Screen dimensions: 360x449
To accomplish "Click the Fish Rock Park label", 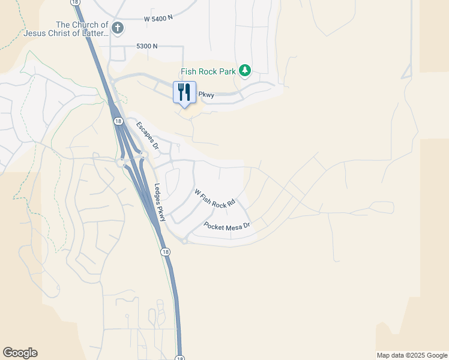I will [209, 71].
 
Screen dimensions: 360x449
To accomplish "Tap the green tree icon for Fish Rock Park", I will [244, 71].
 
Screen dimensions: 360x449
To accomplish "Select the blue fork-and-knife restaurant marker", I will [185, 92].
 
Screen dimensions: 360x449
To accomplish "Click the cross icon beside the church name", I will [118, 28].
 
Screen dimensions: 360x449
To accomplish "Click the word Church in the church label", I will [85, 25].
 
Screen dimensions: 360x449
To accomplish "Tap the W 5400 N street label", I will [158, 18].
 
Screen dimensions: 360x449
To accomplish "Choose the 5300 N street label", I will [147, 46].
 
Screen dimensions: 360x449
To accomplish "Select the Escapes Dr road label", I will [147, 136].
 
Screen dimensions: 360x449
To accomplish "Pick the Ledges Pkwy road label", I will [160, 202].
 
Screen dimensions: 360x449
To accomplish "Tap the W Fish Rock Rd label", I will [214, 199].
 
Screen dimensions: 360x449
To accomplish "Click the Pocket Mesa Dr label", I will [226, 227].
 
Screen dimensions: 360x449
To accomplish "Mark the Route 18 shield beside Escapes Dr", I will [118, 121].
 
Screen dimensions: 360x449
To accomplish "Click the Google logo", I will [20, 353].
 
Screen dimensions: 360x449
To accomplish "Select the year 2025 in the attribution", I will [418, 355].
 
